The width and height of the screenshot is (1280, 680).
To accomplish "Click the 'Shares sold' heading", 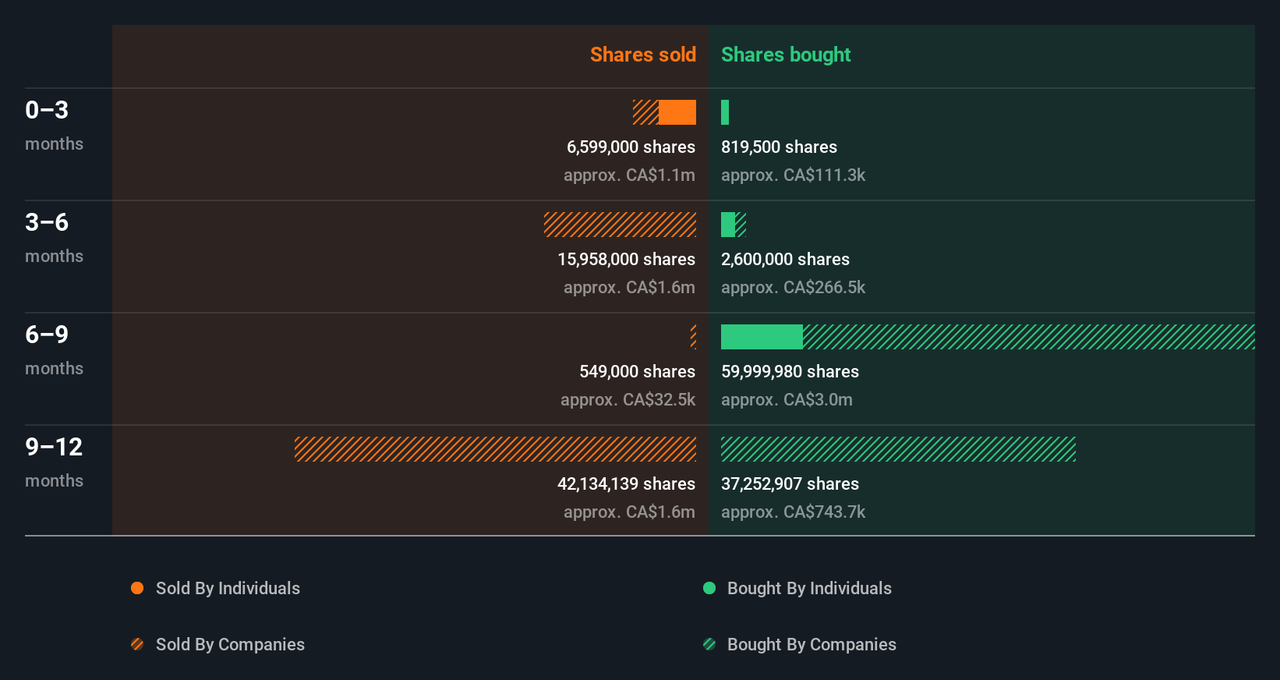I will pos(642,55).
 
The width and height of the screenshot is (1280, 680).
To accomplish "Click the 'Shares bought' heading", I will pos(785,55).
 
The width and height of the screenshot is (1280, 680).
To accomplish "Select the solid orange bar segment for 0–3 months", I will pos(677,112).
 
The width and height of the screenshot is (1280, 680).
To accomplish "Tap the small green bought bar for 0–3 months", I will pos(725,112).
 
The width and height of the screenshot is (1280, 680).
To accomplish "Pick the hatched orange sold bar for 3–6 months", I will pos(620,225).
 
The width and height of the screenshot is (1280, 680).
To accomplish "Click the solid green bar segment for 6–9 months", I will pos(762,337).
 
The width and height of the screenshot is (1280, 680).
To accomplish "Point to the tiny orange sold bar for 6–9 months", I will pos(693,337).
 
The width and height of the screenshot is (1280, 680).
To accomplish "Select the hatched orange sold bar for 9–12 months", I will pos(495,449).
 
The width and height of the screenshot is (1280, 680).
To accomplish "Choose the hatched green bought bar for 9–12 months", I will pos(898,449).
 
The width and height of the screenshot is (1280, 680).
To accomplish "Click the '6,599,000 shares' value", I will pos(631,147).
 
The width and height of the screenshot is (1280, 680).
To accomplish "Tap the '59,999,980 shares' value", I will pos(790,371).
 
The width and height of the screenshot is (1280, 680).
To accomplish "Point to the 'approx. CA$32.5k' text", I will pos(628,399).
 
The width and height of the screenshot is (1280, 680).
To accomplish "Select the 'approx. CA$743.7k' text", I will pos(793,512).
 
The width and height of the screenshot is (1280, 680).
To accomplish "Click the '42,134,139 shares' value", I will pos(626,483).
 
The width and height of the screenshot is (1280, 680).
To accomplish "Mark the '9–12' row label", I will pos(54,447).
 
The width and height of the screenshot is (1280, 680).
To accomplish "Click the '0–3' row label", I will pos(47,110).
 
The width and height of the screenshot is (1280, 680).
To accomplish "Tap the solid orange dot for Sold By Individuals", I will pos(137,588).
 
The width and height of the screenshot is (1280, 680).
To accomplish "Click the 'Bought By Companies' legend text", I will pos(811,644).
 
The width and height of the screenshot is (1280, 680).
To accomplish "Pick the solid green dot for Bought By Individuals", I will pos(709,588).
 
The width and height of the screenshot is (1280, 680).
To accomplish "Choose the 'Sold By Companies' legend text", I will pos(230,644).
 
